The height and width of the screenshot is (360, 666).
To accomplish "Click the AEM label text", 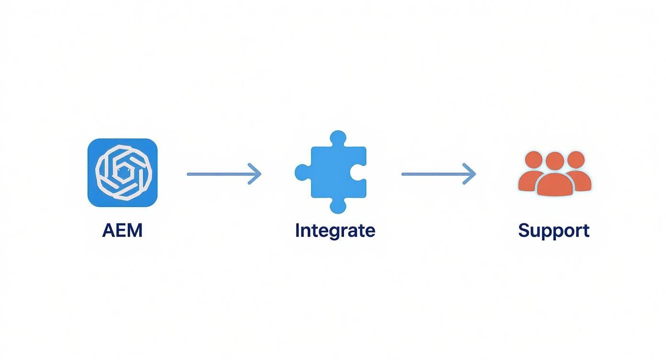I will [x=122, y=230].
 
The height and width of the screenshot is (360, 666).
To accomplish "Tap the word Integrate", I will [x=335, y=230].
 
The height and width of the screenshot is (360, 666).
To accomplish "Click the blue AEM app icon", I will [x=122, y=173].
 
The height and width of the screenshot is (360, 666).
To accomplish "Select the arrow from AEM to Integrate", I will [x=223, y=174].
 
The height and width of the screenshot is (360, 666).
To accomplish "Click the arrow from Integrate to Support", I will [x=438, y=174].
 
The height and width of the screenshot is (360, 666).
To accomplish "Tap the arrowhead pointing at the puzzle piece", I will [x=256, y=174].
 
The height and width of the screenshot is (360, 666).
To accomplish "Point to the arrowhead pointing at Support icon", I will [x=470, y=174].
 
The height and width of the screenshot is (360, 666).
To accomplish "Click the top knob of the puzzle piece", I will [x=338, y=138].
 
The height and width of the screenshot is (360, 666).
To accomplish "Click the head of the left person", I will [x=533, y=159].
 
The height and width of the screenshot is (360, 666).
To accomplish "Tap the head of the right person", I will [x=576, y=159].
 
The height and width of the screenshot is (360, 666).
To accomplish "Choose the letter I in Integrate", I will [x=298, y=230].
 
